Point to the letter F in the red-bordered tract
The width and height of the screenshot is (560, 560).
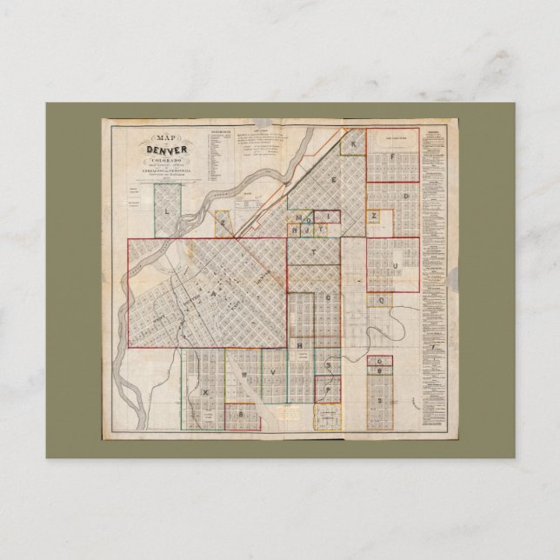coord(393,157)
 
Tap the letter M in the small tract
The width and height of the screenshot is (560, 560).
coord(297,216)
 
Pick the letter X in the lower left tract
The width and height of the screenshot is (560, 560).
coord(206,391)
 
